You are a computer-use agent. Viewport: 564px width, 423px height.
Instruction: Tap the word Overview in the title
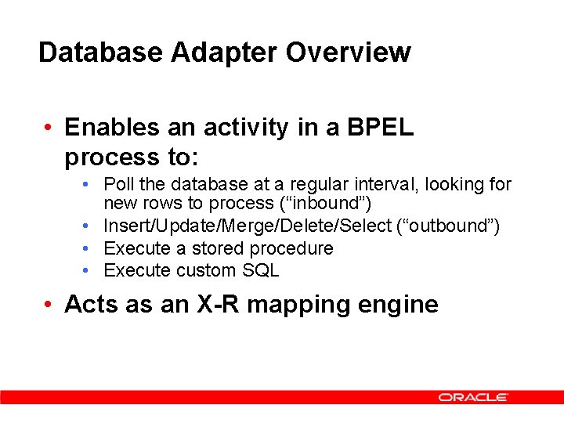click(348, 52)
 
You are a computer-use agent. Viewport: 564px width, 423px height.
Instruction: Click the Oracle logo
click(473, 397)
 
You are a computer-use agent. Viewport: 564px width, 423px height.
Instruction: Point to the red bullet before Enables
click(49, 128)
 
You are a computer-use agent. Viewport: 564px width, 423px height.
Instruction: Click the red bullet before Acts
click(49, 304)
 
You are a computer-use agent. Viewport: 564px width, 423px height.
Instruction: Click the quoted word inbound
click(330, 204)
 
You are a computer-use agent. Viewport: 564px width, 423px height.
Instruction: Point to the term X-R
click(227, 304)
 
